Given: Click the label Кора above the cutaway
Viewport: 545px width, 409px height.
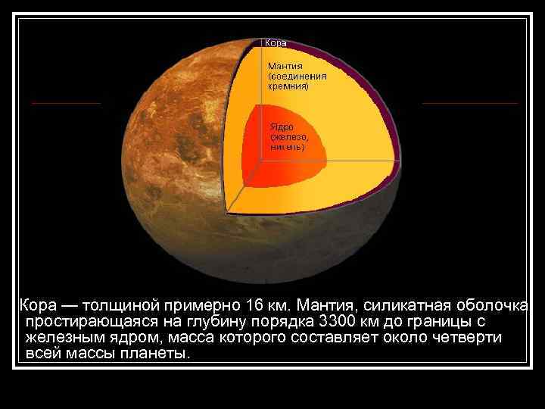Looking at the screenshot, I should tap(276, 43).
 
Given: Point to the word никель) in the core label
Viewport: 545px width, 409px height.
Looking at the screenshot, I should tap(288, 147).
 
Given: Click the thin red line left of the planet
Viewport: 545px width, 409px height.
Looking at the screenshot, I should tap(66, 102).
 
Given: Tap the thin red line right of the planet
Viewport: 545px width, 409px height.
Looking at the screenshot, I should tap(469, 102).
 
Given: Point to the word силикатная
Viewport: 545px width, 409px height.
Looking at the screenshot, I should tap(404, 306).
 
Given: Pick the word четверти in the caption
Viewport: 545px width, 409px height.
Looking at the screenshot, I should tap(469, 338).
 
